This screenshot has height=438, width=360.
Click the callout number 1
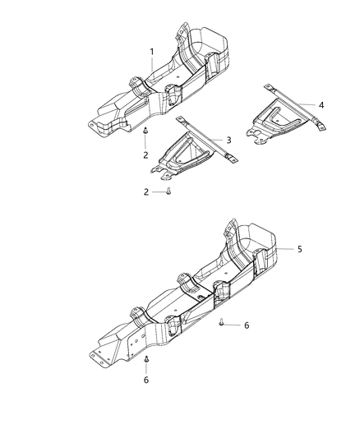coord(152,52)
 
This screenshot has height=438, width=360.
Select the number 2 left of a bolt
coord(145,191)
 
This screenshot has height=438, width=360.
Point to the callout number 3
coord(228,139)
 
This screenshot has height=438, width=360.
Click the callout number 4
coord(321,104)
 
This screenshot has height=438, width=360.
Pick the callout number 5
coord(299,248)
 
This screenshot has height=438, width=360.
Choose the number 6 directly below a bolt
coord(145,380)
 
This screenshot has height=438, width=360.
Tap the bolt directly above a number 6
coord(145,360)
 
